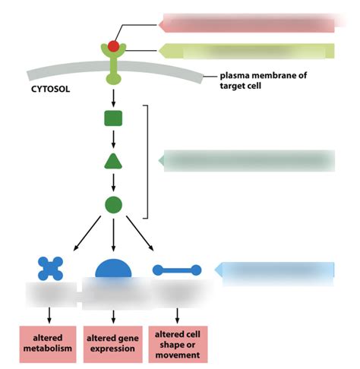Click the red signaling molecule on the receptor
point(113,47)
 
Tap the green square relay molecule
point(113,118)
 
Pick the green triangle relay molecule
point(113,161)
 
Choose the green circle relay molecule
point(113,204)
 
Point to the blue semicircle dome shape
point(113,270)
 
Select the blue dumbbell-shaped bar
point(177,270)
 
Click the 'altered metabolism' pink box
point(50,343)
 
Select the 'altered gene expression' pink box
point(113,343)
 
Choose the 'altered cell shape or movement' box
point(177,343)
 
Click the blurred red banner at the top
point(247,23)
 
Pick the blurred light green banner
point(247,52)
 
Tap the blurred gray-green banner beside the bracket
point(248,161)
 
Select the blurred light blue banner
point(276,270)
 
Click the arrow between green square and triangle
point(113,139)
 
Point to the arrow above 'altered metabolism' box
point(50,314)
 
